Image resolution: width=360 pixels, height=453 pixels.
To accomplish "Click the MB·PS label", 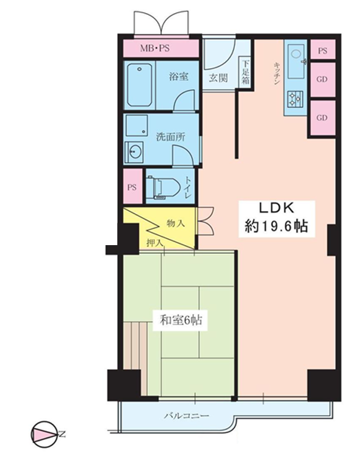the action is click(x=155, y=48).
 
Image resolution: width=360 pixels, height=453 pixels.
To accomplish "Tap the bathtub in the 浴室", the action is click(x=140, y=85).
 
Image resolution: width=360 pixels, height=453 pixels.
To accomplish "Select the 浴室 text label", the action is click(x=179, y=76).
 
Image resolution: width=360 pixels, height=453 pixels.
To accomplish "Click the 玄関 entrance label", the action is click(x=218, y=78).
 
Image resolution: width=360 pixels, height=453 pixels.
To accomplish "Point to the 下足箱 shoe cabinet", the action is click(x=245, y=71).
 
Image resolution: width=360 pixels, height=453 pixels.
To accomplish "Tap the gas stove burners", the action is click(x=295, y=98).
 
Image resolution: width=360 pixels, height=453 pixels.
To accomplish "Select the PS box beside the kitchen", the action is click(x=323, y=50).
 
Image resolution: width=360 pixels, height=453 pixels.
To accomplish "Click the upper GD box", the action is click(x=323, y=79).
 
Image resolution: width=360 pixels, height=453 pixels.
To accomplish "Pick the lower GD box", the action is click(x=323, y=117).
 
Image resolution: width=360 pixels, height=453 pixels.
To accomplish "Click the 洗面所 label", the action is click(x=171, y=137).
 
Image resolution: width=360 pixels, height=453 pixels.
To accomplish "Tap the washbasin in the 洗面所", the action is click(x=134, y=152).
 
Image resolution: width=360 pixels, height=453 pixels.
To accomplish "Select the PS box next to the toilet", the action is click(x=133, y=187).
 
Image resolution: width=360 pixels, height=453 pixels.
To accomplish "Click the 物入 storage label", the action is click(x=176, y=223).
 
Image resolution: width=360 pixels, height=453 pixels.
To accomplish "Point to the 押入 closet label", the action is click(x=155, y=243).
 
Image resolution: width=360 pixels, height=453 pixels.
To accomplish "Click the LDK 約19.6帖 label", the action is click(x=276, y=218).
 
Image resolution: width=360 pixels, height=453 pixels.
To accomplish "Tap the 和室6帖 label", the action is click(x=181, y=320).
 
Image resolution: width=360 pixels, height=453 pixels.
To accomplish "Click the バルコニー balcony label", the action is click(x=187, y=416).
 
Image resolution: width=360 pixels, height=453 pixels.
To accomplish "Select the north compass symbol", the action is click(x=44, y=433).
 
